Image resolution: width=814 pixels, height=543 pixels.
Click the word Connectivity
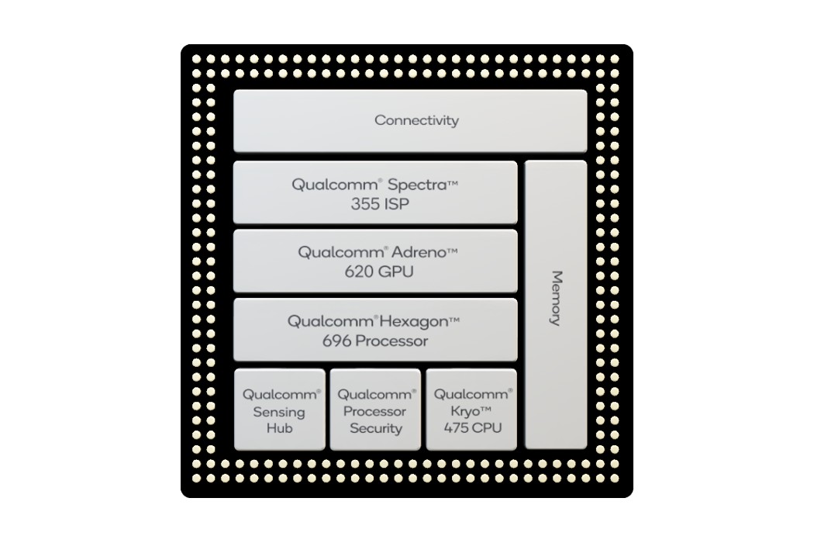click(416, 120)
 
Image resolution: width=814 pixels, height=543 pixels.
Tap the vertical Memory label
click(556, 298)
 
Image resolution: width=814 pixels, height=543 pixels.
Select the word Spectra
click(417, 185)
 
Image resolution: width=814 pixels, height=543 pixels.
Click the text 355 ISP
click(380, 204)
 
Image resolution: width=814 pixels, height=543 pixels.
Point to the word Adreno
click(419, 253)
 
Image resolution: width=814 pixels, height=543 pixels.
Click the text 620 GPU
click(379, 271)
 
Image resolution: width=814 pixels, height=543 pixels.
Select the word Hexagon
click(413, 322)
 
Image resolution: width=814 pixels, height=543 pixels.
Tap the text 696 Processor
click(375, 341)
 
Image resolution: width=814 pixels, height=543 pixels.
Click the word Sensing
click(279, 413)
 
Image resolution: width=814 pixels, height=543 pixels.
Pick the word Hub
click(279, 428)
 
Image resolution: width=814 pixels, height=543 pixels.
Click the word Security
click(376, 429)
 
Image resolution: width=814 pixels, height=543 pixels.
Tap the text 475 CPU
click(472, 428)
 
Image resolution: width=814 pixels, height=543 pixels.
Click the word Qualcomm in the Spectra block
click(335, 185)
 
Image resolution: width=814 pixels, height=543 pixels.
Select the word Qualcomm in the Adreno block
click(341, 253)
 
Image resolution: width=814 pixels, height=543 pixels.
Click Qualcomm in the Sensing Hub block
click(280, 395)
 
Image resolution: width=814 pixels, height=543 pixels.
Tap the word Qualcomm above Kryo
click(471, 394)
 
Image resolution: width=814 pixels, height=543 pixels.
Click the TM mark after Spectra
click(453, 182)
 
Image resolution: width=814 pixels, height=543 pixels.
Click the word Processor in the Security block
click(374, 412)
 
